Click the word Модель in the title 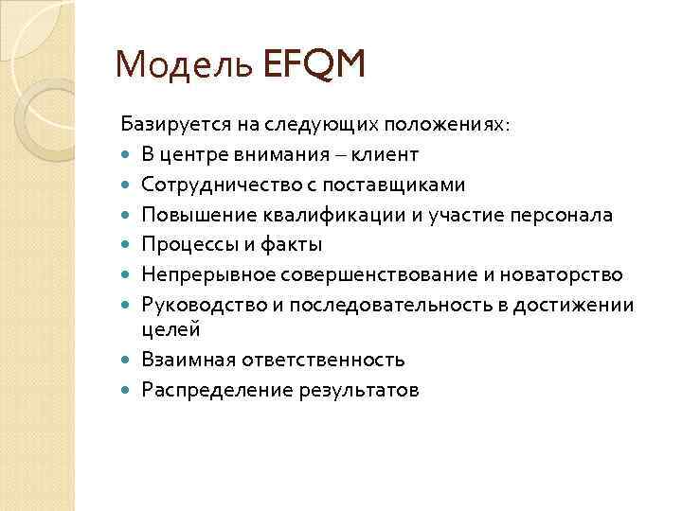pos(182,67)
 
